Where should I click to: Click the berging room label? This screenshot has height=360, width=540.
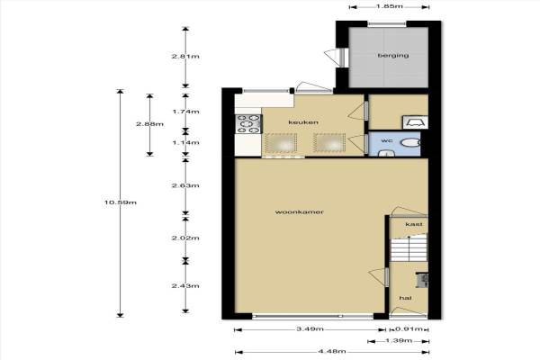point(393,55)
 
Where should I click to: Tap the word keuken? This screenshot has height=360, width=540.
point(303,122)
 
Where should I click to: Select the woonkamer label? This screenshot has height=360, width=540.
point(300,211)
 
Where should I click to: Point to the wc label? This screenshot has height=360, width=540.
point(387,140)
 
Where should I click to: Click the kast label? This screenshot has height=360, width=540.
point(414,224)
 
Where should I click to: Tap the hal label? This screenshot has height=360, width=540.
point(405,298)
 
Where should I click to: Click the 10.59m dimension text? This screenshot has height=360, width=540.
point(121,202)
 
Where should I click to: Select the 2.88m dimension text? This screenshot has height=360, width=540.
point(149,124)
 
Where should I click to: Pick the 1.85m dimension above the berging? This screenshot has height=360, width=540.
point(390,6)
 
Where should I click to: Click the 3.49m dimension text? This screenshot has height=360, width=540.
point(310,329)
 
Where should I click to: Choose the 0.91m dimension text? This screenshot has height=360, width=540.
point(409,329)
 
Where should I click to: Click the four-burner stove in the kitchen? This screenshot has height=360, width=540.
point(248,124)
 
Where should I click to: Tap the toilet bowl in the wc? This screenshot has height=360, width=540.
point(411,142)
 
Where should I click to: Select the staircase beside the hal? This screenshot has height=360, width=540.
point(409,248)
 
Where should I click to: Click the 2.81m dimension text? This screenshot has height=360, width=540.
point(185,56)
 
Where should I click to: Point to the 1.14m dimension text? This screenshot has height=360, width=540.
point(185,142)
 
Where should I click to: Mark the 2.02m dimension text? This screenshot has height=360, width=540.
point(185,238)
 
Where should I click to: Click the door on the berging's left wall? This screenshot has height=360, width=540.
point(337,57)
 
